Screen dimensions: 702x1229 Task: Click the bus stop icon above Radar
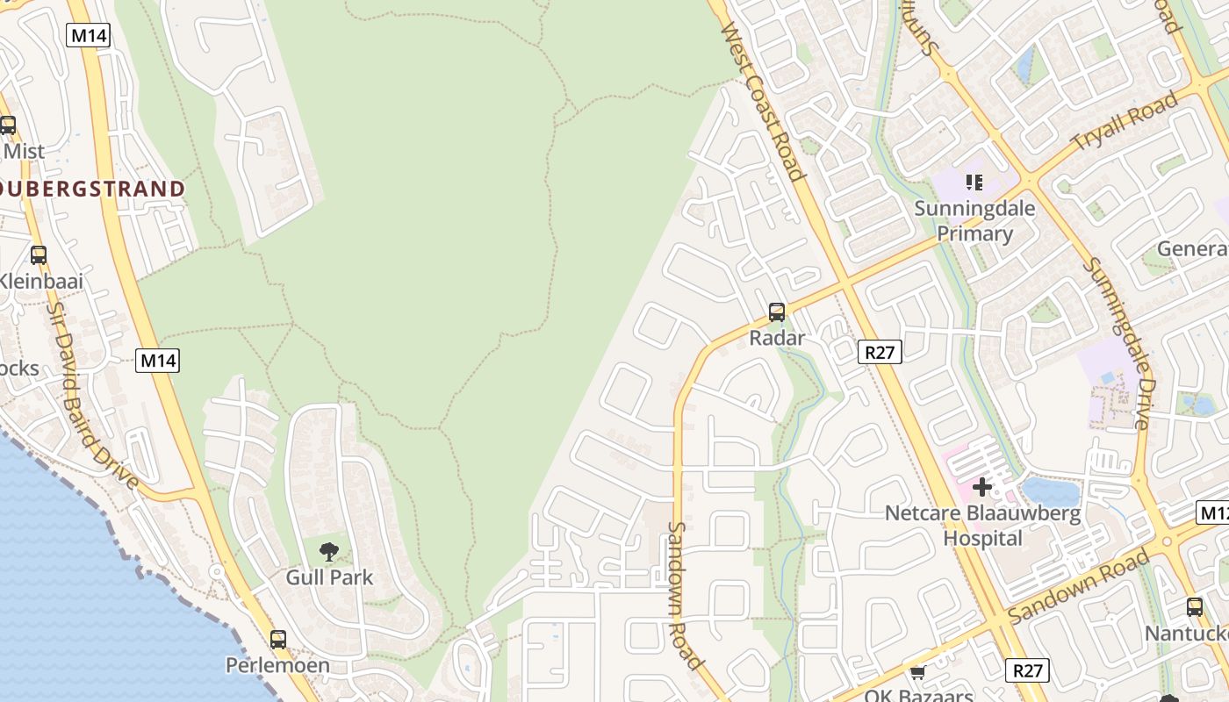point(776,312)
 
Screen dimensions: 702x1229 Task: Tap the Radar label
point(777,338)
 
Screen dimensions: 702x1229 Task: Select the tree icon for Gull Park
point(329,552)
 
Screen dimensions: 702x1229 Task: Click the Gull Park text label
point(329,577)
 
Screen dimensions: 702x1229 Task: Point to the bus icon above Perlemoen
point(277,640)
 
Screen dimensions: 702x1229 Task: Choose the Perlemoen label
point(277,665)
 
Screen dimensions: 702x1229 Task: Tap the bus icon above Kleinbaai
point(38,255)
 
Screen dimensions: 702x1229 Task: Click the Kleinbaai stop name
point(41,282)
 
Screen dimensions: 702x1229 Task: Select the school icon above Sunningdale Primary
point(974,183)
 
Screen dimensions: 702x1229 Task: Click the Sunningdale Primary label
point(974,221)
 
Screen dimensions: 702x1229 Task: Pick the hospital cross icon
point(981,486)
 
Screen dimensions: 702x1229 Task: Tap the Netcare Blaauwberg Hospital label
point(982,525)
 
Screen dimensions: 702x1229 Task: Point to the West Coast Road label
point(762,101)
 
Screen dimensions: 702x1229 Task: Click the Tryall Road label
point(1125,121)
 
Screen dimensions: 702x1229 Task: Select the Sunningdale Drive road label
point(1116,342)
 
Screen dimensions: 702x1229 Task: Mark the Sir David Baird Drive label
point(92,396)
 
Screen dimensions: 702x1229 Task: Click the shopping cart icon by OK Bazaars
point(917,673)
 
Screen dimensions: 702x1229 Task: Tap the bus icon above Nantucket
point(1194,606)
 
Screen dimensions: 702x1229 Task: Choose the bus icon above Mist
point(8,125)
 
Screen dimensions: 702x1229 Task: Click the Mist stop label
point(24,151)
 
